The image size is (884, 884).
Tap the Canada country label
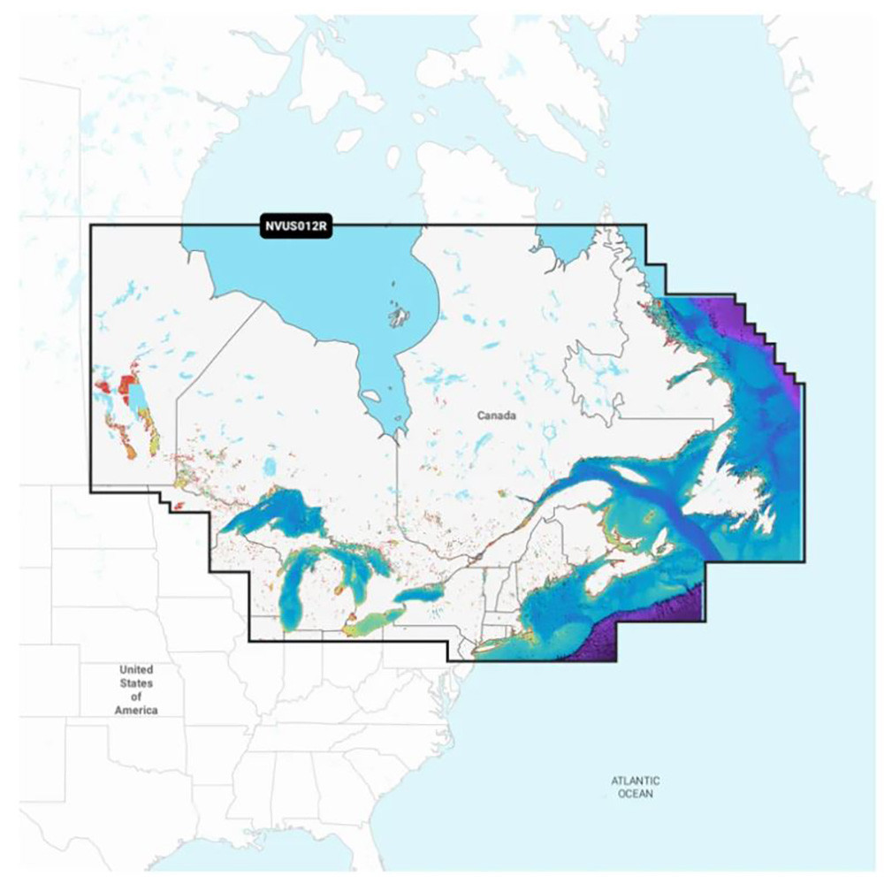click(495, 415)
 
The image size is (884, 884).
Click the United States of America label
click(136, 690)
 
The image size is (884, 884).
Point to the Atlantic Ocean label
click(635, 787)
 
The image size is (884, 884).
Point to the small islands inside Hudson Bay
click(399, 313)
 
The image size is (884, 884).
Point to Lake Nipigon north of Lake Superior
click(271, 466)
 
